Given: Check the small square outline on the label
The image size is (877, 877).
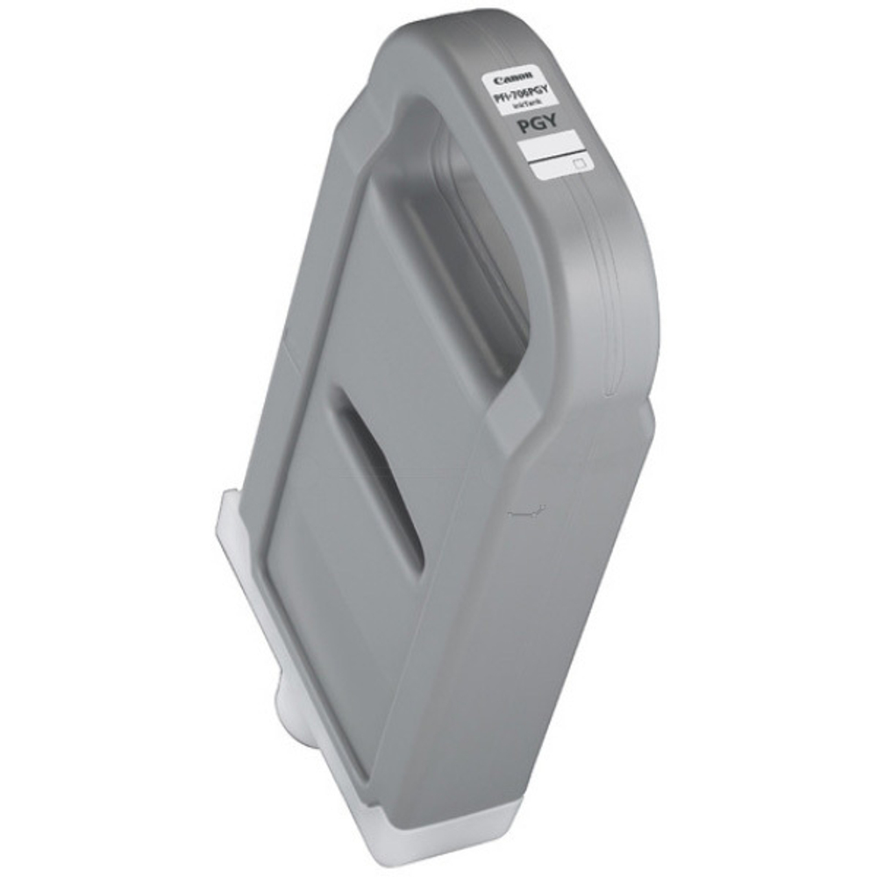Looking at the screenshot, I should point(578,162).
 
